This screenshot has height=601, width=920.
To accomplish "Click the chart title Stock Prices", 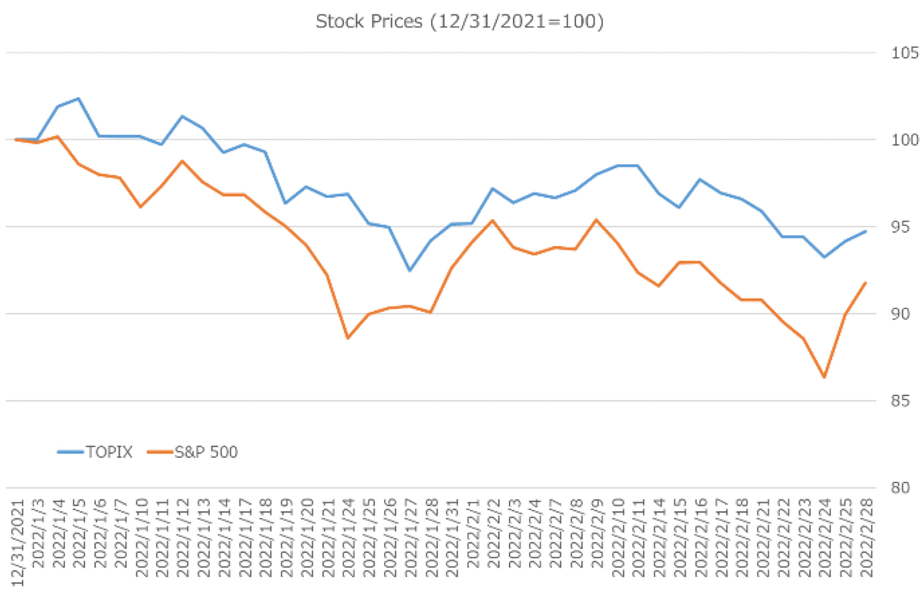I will tap(459, 21).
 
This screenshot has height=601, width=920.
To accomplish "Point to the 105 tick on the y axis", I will tap(905, 53).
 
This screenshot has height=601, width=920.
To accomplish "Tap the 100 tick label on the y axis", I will tap(905, 140).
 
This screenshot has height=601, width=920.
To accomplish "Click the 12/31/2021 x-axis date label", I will tap(18, 543).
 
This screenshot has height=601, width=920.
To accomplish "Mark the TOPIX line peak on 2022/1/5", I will tap(79, 98).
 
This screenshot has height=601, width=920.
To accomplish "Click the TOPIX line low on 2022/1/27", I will tap(410, 271).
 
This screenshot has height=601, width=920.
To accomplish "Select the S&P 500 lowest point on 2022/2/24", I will tap(824, 377).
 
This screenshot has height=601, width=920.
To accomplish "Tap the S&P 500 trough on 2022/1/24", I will tap(348, 338).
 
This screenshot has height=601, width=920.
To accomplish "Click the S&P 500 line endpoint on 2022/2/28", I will tap(866, 283).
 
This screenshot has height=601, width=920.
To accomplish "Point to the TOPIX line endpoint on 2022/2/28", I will tap(866, 231).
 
